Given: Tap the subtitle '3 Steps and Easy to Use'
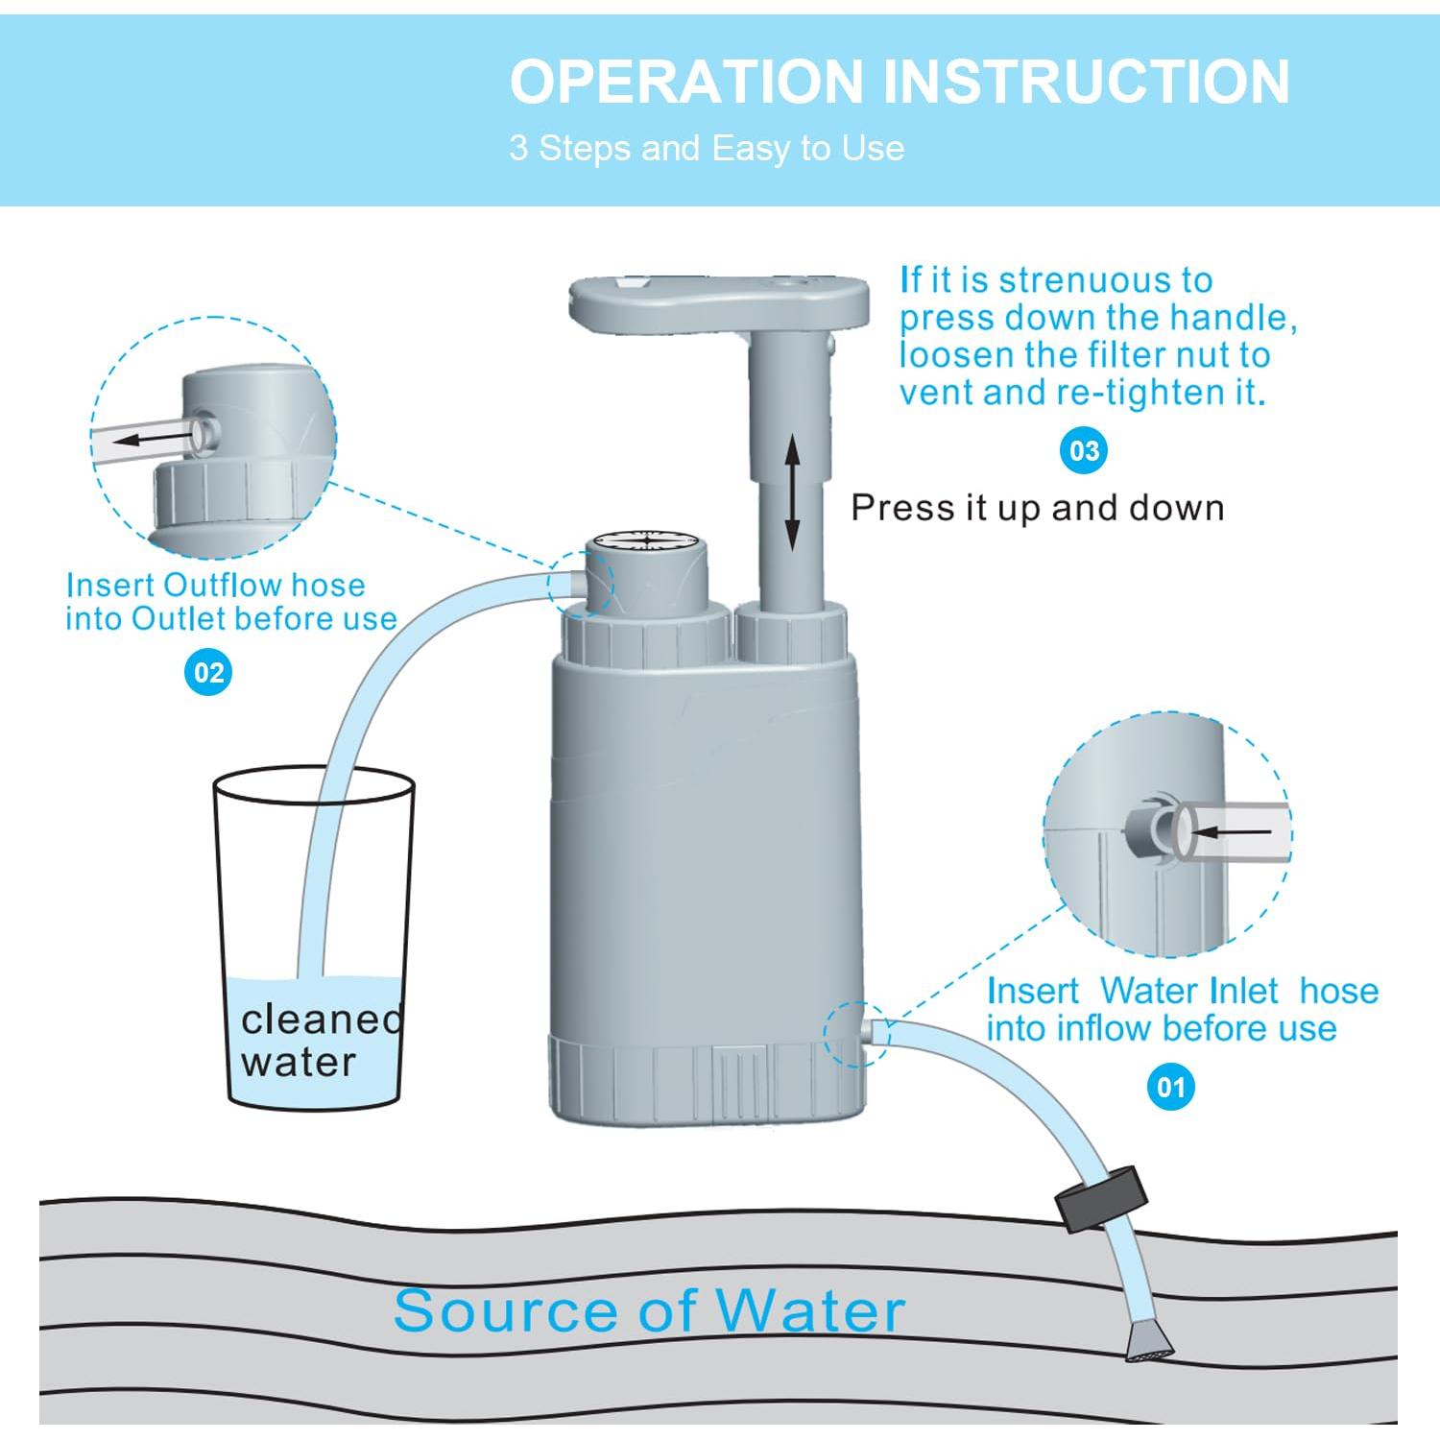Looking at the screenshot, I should [707, 148].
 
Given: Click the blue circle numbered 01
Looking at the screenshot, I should [1170, 1087].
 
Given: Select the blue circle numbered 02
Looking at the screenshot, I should [208, 672].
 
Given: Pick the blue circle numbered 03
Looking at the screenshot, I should [1083, 451].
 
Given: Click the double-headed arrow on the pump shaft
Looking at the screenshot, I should [792, 492].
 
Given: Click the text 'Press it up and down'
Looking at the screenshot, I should [1038, 507].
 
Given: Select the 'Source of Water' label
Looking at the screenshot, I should [649, 1309].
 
